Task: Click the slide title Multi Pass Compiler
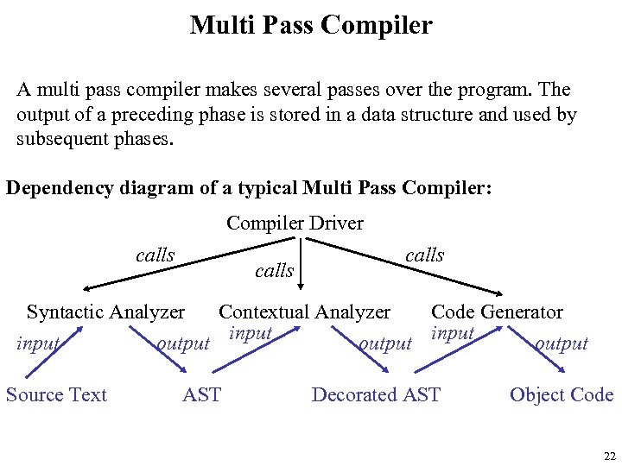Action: (311, 25)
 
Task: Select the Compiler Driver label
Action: (295, 224)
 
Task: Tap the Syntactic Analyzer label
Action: (105, 312)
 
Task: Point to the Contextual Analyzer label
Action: (304, 312)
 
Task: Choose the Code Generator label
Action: (497, 312)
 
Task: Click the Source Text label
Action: (56, 395)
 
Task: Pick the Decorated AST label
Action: (376, 395)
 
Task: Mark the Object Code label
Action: (562, 395)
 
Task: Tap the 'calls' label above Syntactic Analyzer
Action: (155, 255)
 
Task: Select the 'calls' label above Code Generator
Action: (424, 255)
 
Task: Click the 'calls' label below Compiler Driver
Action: (274, 271)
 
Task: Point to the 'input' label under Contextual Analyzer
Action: (251, 334)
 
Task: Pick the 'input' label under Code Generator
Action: (453, 334)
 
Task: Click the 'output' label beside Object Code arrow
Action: (562, 344)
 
